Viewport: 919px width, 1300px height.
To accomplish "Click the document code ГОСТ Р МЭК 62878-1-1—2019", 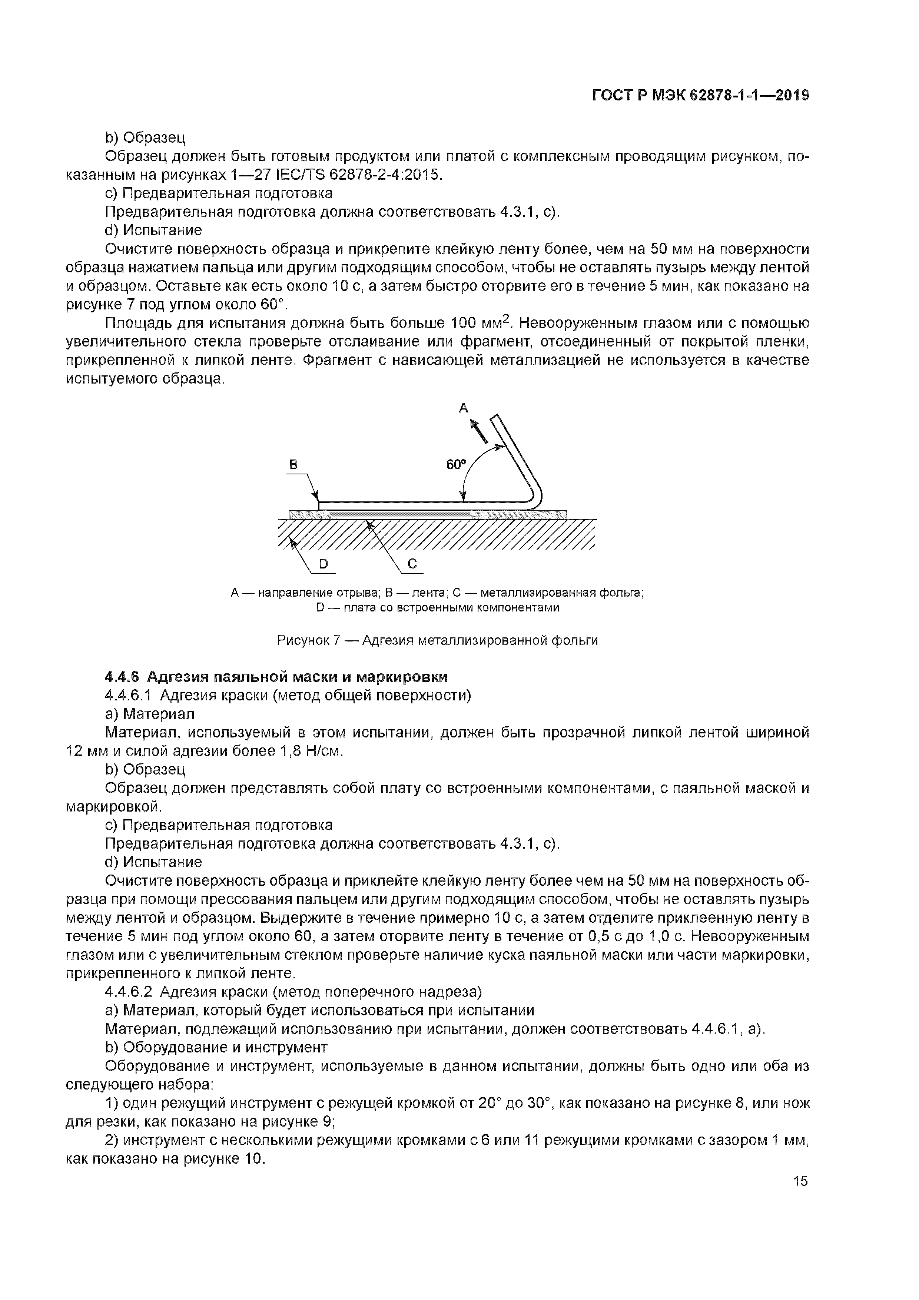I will tap(700, 96).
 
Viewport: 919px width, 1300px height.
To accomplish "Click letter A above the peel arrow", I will tap(463, 408).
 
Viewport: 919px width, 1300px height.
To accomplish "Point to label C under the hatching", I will tap(412, 564).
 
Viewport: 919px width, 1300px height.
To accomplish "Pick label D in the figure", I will tap(324, 564).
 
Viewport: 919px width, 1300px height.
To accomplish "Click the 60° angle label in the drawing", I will tap(455, 464).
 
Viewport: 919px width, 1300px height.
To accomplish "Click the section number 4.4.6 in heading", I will tap(122, 677).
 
